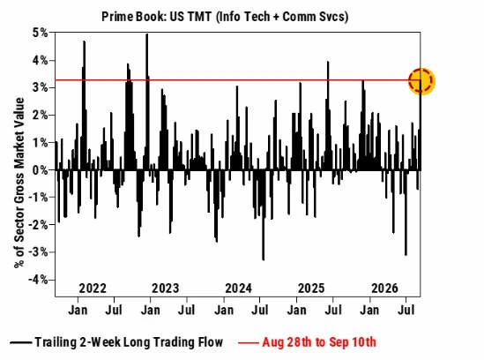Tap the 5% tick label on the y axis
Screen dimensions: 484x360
(41, 33)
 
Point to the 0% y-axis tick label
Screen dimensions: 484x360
(41, 170)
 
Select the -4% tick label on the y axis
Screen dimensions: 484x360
(38, 280)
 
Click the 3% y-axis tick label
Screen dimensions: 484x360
(41, 87)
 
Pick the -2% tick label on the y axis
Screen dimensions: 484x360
(38, 225)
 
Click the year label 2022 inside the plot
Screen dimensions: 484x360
(93, 289)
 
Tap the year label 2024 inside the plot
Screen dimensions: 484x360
(238, 289)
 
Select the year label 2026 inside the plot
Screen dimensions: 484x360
(384, 289)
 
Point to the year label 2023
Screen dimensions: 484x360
(166, 289)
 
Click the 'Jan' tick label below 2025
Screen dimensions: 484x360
(296, 310)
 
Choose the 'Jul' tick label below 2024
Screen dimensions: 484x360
(260, 310)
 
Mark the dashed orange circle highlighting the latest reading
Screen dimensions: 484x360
(421, 70)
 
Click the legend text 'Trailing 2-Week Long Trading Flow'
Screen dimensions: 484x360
(129, 342)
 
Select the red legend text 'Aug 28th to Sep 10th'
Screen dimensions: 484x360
(319, 342)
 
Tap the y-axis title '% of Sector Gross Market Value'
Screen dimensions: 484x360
(19, 183)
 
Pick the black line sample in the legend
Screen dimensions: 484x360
(21, 342)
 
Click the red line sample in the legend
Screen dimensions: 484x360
(249, 342)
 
